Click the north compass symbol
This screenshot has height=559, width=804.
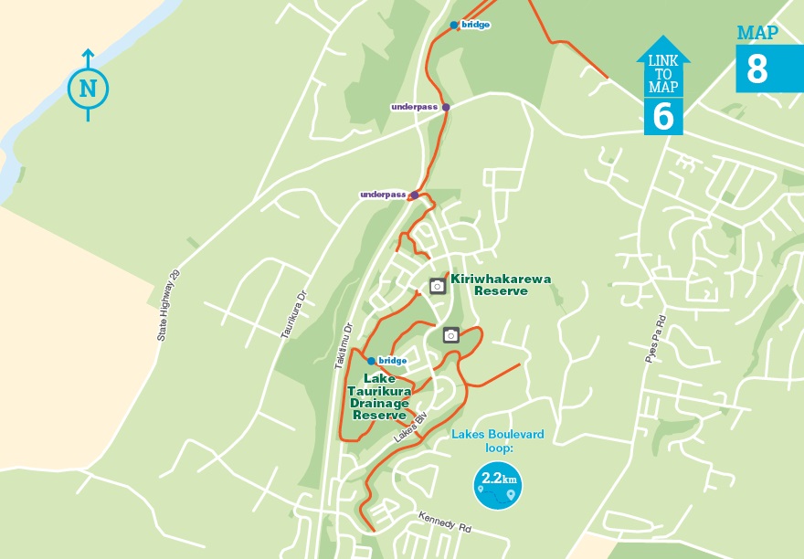(88, 88)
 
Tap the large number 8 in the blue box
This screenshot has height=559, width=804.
(757, 69)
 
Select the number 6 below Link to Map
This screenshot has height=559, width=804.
(663, 117)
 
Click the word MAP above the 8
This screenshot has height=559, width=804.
(757, 34)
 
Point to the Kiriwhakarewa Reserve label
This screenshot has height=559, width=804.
(501, 285)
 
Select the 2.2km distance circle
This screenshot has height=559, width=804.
(498, 485)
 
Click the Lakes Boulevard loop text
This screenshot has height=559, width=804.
(498, 441)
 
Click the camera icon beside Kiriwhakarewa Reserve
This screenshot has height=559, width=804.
(438, 286)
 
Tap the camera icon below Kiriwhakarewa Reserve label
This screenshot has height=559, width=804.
(450, 335)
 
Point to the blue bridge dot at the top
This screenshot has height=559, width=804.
(454, 26)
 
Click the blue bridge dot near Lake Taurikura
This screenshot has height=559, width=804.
(371, 361)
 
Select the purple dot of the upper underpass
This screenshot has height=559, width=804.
(446, 107)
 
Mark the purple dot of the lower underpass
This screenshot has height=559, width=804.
(415, 195)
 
